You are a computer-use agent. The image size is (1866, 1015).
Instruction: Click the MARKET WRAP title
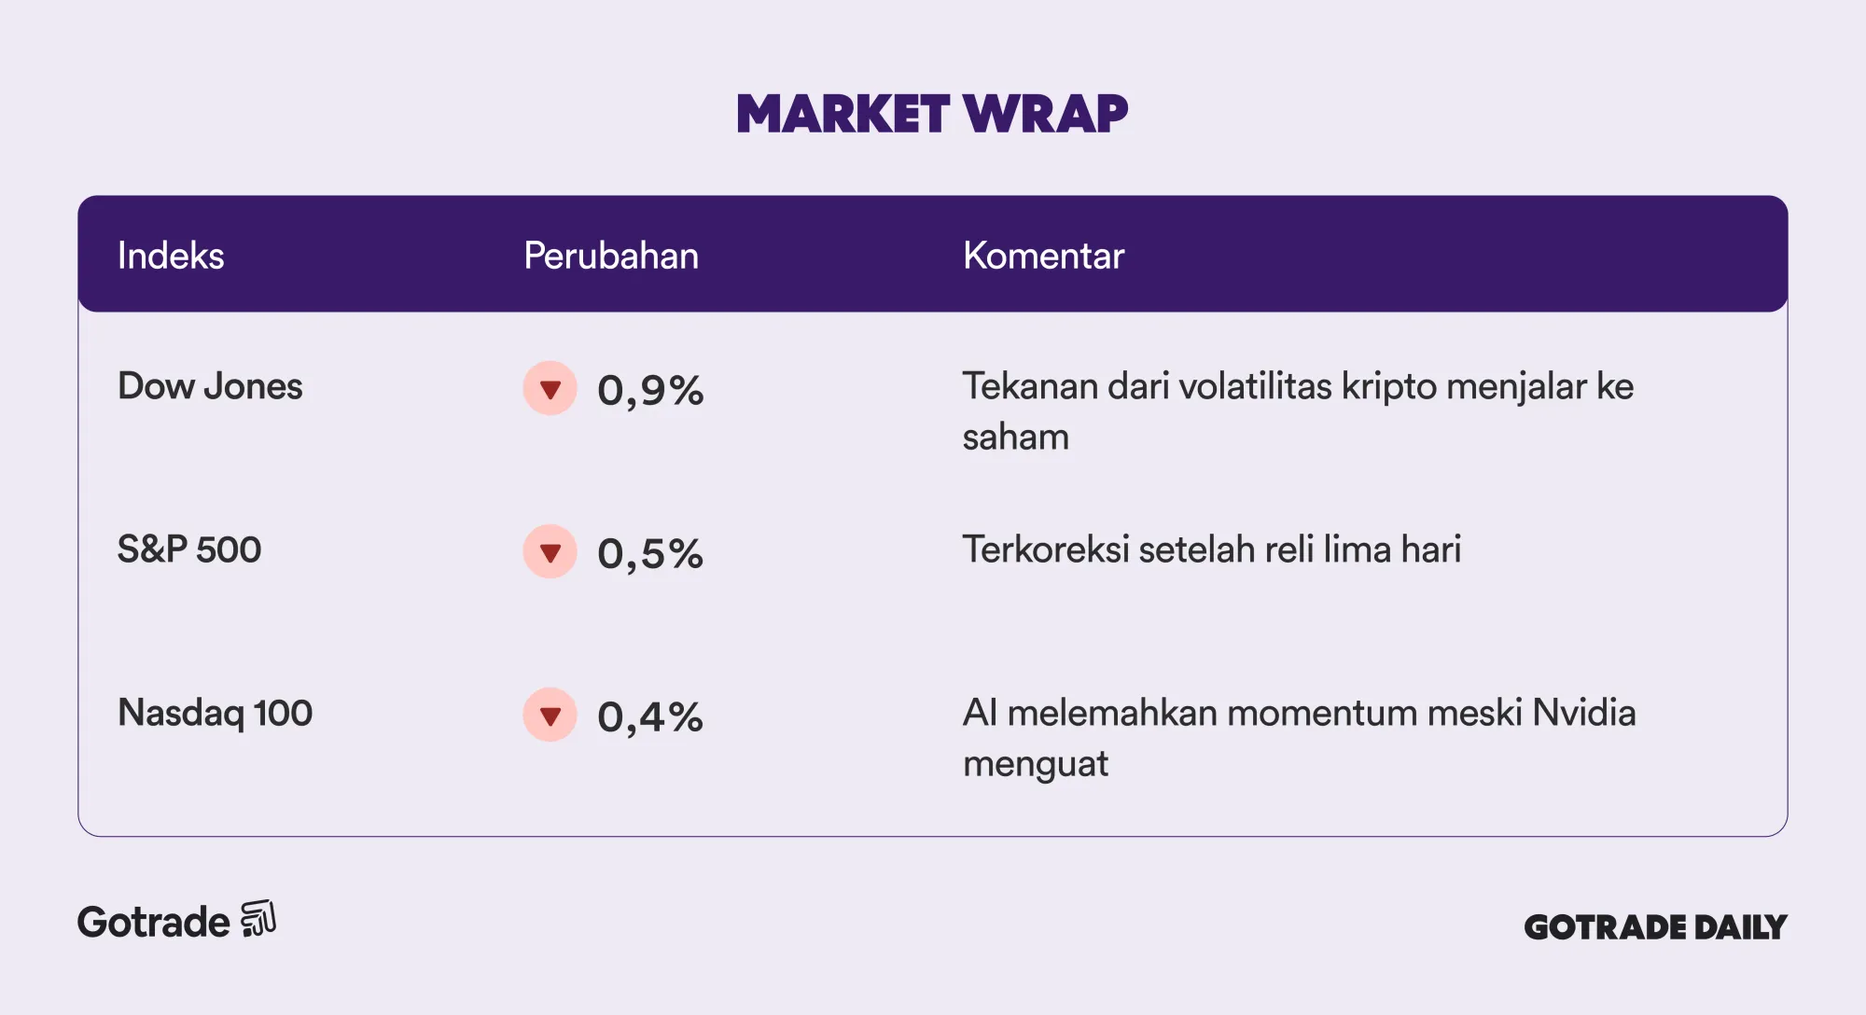[x=932, y=114]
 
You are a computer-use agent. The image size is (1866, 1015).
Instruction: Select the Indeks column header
[x=171, y=256]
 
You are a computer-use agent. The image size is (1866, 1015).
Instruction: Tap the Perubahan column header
[x=611, y=256]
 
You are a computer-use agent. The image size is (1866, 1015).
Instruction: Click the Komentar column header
[x=1043, y=256]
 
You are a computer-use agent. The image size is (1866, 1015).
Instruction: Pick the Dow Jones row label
[x=210, y=386]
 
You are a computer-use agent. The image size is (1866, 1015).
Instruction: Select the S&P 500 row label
[x=189, y=549]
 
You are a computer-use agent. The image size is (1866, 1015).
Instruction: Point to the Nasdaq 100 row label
[x=215, y=714]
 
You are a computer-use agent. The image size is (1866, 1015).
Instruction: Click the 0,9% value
[x=650, y=390]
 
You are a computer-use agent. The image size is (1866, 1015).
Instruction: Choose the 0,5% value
[x=650, y=553]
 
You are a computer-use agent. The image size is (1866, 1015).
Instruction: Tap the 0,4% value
[x=650, y=716]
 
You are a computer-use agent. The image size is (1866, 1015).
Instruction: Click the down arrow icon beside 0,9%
[x=550, y=388]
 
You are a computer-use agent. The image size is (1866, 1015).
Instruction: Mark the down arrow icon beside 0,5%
[x=550, y=551]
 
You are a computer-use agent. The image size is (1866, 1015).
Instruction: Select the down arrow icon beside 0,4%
[x=550, y=715]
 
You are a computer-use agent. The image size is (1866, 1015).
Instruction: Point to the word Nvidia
[x=1584, y=713]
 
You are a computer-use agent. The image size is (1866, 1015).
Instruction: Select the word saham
[x=1015, y=438]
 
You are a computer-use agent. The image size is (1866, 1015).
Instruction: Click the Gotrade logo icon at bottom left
[x=258, y=919]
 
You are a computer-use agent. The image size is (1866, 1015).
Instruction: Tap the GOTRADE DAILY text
[x=1655, y=927]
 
